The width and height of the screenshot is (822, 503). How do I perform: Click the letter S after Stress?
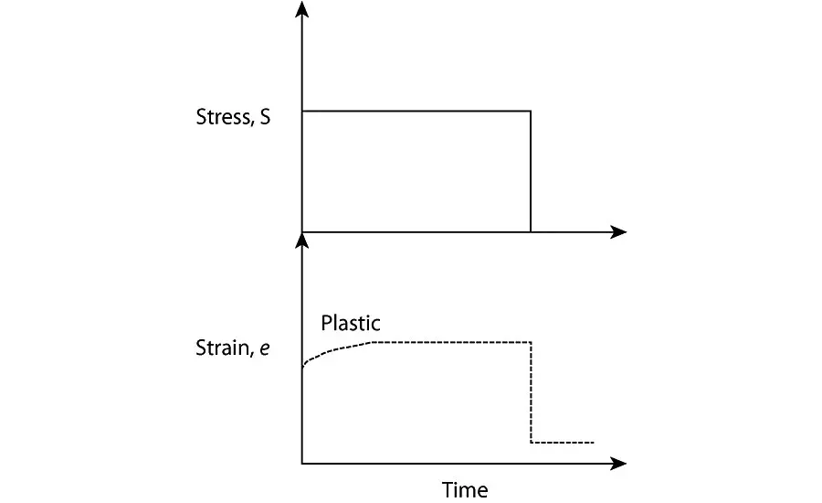(x=265, y=118)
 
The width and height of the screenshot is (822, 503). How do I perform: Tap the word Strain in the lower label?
(x=220, y=348)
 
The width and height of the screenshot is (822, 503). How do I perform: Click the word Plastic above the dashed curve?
(x=351, y=323)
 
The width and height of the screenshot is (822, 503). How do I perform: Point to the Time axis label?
(x=465, y=489)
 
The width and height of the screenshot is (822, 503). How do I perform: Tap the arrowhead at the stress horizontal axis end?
(x=618, y=231)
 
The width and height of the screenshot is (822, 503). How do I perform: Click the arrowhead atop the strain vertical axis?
(x=302, y=240)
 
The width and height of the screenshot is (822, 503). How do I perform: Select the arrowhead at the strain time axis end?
(x=618, y=463)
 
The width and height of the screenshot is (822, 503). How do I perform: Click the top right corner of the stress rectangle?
(x=531, y=112)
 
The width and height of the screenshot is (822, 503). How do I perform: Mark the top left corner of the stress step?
(x=302, y=112)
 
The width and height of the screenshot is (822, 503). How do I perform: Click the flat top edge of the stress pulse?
(x=416, y=112)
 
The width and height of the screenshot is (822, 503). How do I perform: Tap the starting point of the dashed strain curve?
(x=303, y=367)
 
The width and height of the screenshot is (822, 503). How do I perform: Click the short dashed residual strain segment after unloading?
(x=563, y=443)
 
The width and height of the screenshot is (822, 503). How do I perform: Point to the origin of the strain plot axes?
(x=302, y=463)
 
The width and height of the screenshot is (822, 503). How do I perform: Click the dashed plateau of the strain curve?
(x=452, y=341)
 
